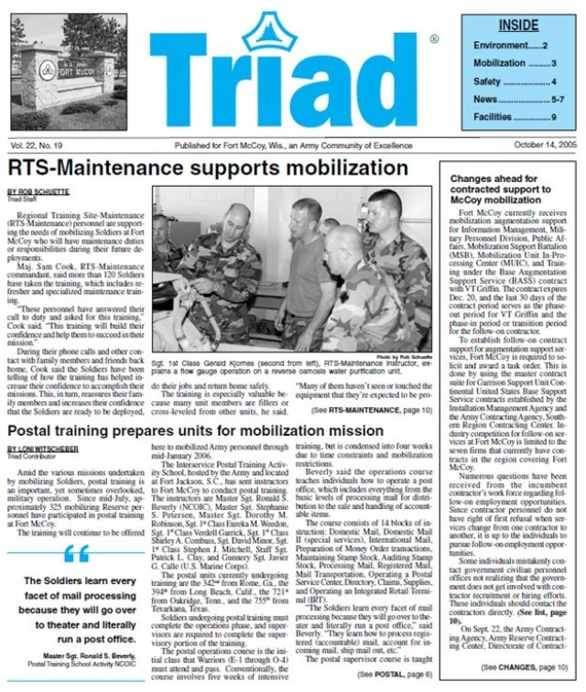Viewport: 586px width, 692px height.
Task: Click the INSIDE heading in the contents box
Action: point(519,26)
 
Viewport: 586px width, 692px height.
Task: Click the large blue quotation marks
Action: point(78,553)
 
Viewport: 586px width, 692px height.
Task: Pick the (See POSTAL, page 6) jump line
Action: point(381,672)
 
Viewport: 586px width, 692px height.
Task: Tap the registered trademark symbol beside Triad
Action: point(433,39)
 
